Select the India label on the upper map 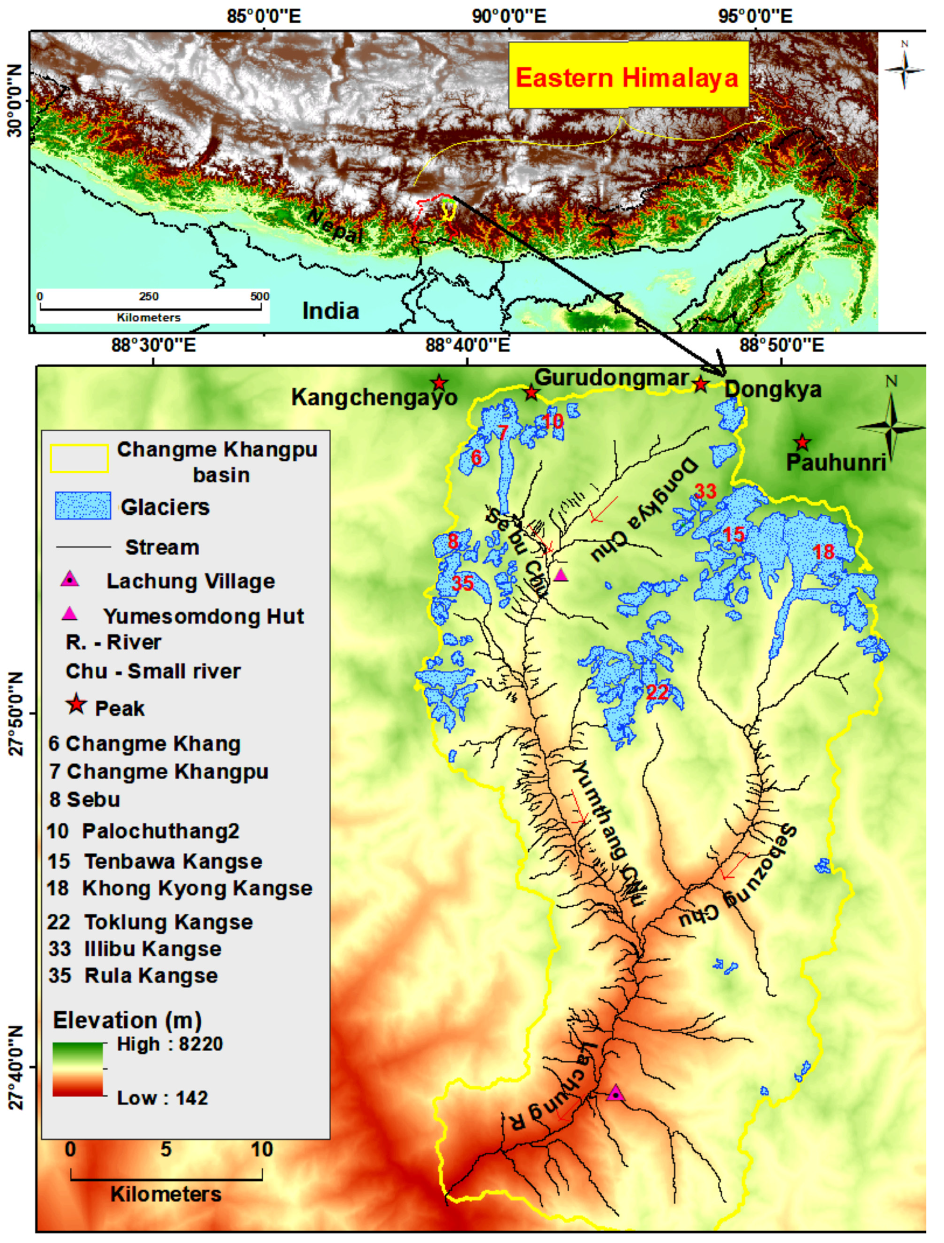click(331, 311)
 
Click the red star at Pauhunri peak click(802, 443)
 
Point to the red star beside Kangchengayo click(439, 383)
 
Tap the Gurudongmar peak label click(611, 378)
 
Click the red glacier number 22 click(657, 692)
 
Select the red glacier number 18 click(824, 552)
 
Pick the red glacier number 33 click(706, 491)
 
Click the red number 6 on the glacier click(476, 458)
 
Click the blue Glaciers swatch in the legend click(83, 506)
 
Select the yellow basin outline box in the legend click(79, 458)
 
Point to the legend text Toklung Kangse click(169, 922)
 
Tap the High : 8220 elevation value click(170, 1044)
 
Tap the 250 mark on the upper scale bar click(148, 297)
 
